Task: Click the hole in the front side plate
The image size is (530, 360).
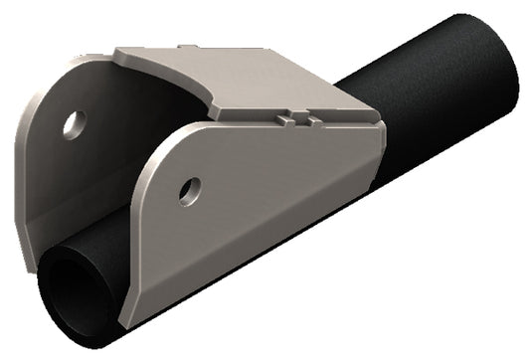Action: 189,189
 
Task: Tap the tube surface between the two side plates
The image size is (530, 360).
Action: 99,249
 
